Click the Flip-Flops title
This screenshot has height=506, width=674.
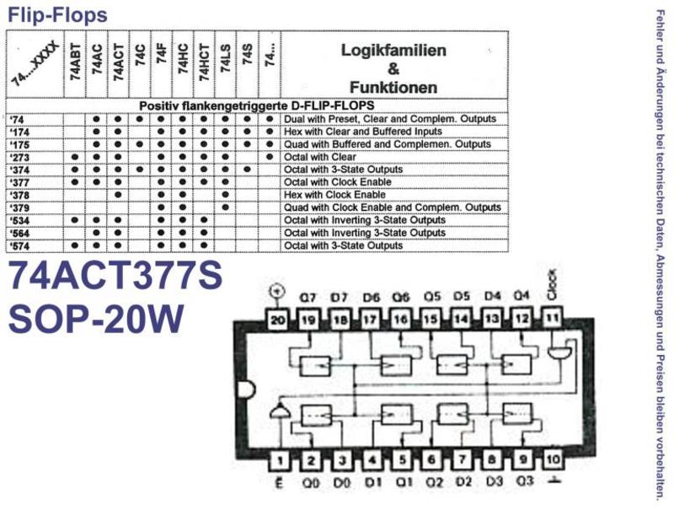(x=57, y=15)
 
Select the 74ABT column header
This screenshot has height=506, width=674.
(x=75, y=62)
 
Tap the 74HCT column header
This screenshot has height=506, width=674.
(x=204, y=62)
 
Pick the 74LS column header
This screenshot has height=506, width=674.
(x=226, y=58)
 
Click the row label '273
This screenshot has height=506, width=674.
(x=19, y=158)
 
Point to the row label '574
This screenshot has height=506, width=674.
(x=19, y=246)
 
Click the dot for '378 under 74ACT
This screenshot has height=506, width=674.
(x=118, y=195)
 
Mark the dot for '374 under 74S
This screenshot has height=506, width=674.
(x=247, y=170)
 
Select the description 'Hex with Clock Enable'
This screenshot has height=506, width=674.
(x=334, y=195)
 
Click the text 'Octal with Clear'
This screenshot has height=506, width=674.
(x=320, y=157)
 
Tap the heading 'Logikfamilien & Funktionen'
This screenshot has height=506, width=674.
(x=393, y=69)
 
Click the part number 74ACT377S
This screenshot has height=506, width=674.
(x=115, y=276)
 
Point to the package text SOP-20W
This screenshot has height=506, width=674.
(x=96, y=319)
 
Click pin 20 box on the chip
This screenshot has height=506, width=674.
(x=278, y=320)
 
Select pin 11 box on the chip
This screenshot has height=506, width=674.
(x=553, y=319)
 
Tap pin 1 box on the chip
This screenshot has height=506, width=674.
(x=280, y=460)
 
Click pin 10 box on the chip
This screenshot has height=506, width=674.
(x=554, y=460)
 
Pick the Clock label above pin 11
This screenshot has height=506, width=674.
(x=553, y=284)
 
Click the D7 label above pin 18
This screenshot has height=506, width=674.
(x=340, y=298)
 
